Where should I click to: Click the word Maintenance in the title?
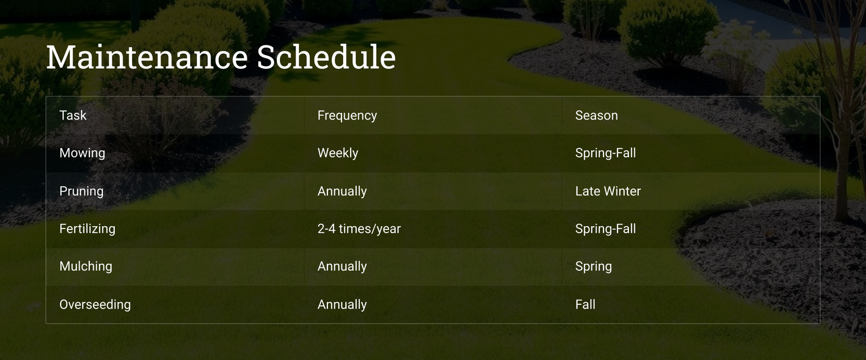[x=147, y=57]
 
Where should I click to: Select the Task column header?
[x=73, y=115]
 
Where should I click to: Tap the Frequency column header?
[x=347, y=116]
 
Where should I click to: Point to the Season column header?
[x=596, y=115]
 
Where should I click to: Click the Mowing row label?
[x=82, y=153]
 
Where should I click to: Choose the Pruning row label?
[x=82, y=192]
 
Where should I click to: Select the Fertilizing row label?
[x=87, y=229]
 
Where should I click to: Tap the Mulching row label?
[x=86, y=266]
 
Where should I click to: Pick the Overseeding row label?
[x=95, y=305]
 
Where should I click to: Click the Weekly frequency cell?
[x=338, y=153]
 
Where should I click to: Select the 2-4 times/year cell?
[x=359, y=229]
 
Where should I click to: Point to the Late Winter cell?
[x=608, y=191]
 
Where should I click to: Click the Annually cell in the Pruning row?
[x=342, y=192]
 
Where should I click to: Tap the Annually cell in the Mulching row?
[x=342, y=266]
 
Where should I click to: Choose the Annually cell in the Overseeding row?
[x=342, y=305]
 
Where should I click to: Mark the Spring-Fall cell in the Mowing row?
[x=606, y=153]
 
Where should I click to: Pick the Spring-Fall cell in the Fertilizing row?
[x=606, y=229]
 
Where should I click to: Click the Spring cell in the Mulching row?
[x=593, y=266]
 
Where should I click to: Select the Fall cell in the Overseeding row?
[x=585, y=305]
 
